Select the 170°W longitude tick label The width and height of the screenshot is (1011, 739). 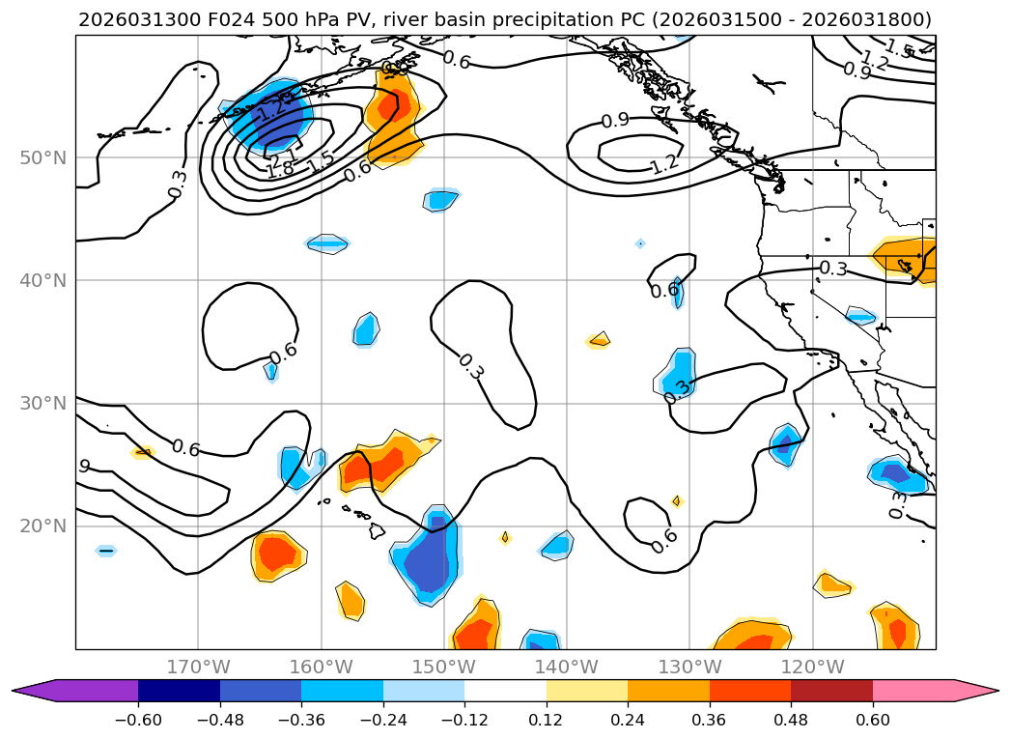pos(198,667)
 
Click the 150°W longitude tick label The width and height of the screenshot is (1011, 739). pos(444,667)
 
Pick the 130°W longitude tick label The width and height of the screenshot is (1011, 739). pos(689,667)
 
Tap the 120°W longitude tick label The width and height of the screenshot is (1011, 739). pos(812,667)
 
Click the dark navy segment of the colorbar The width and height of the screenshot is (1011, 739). pos(179,691)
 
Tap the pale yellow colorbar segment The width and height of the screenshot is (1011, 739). pos(587,691)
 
